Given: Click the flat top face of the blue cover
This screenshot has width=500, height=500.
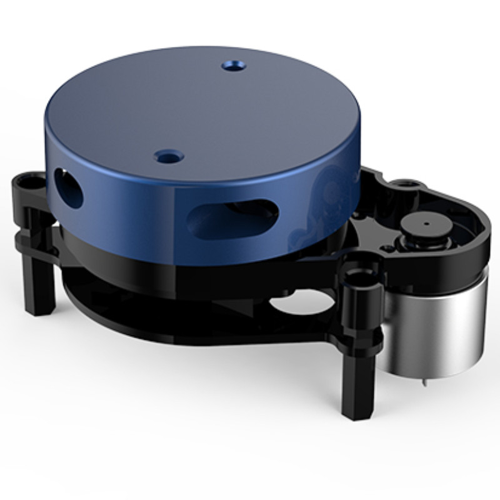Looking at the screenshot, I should pos(200,106).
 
